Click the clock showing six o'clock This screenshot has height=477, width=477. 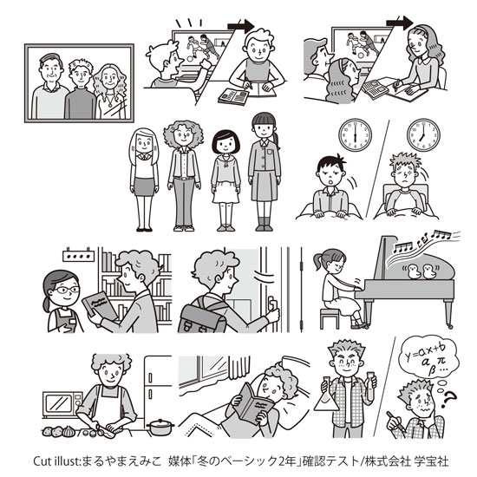pos(355,134)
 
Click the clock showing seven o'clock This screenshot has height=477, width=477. pos(423,134)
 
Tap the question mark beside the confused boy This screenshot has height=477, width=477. pos(448,399)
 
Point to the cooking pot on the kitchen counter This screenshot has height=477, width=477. pos(160,427)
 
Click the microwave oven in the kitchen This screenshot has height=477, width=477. pos(62,404)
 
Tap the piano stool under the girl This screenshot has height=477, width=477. pos(330,318)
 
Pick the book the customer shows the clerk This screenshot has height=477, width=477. pos(100,307)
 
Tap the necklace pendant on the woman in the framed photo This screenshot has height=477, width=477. pos(110,104)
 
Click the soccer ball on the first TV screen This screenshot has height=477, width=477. pos(190,59)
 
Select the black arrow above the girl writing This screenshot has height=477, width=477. pos(400,23)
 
